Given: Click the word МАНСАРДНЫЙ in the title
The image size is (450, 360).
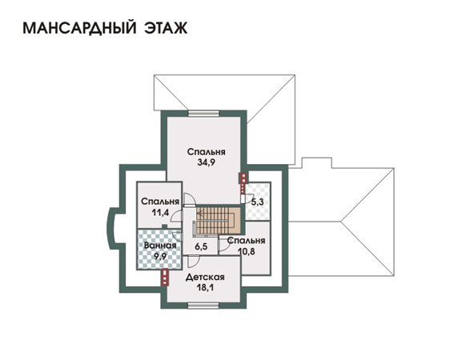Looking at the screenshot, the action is tap(79, 28).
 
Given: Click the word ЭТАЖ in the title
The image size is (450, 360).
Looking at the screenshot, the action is tap(167, 28).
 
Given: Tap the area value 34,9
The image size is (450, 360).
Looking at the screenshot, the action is tap(207, 162).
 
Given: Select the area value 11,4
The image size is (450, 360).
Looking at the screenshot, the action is tap(160, 212).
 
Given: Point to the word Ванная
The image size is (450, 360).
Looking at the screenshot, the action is tap(160, 246).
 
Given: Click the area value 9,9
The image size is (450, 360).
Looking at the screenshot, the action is tap(160, 256).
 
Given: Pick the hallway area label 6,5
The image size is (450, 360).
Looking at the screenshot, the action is tap(201, 246).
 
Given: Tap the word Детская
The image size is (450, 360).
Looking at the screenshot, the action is tap(205, 277).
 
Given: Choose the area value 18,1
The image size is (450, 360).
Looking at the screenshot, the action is tap(206, 287).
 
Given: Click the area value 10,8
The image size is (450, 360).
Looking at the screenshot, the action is tap(247, 252).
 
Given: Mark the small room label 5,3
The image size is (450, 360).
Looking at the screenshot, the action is tap(258, 202).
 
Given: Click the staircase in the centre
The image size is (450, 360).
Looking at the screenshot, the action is tap(218, 221).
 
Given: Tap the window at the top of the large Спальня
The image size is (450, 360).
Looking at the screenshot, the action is tap(203, 114).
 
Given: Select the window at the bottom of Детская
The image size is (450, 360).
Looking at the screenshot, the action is tap(203, 306).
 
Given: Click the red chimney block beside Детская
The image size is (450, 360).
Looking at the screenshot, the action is tap(165, 278).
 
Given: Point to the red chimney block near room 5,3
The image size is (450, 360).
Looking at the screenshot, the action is tap(243, 178).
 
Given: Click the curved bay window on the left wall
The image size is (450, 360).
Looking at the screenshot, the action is tap(110, 228).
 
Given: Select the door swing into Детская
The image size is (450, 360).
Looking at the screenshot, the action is tap(194, 262).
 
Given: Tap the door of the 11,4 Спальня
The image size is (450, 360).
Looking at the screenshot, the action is tap(177, 216).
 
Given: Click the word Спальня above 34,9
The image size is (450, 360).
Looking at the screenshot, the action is tap(207, 152).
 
